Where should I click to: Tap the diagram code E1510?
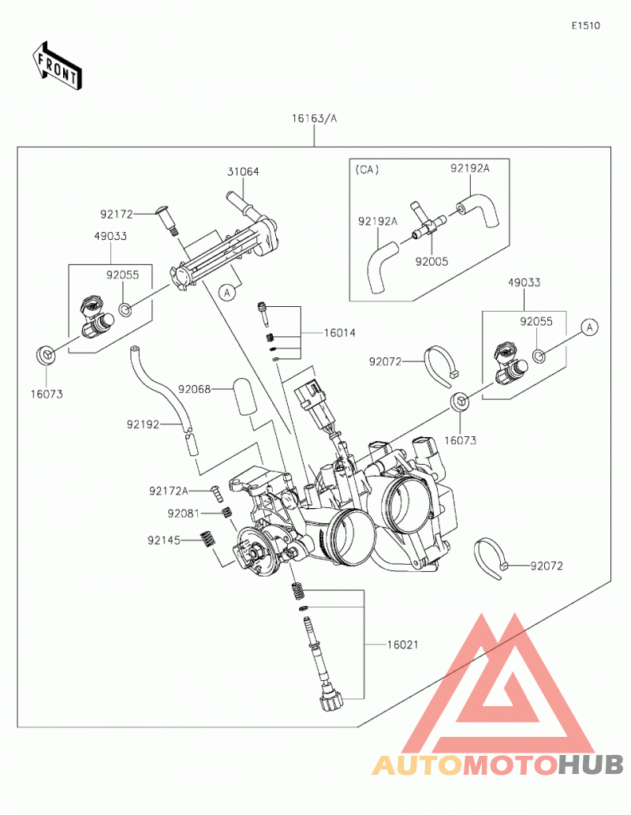point(586,25)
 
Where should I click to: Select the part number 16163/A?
point(314,118)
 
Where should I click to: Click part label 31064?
point(243,171)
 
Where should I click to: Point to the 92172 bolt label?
point(117,214)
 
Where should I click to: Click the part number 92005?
point(431,261)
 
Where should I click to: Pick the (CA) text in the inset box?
point(367,170)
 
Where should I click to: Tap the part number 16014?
point(340,333)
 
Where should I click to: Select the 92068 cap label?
point(194,389)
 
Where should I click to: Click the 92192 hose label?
point(143,424)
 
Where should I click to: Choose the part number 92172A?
point(169,491)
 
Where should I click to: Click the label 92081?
point(184,514)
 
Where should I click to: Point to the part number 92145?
point(164,540)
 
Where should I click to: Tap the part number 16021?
point(403,645)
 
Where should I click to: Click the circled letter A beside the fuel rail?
point(226,293)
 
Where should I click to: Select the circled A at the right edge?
point(589,327)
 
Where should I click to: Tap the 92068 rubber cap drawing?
point(248,395)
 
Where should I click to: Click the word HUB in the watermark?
point(591,765)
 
